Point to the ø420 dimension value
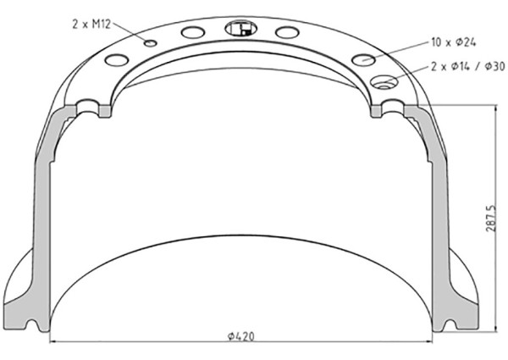point(241,336)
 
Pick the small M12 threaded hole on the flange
point(150,43)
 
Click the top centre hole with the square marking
point(240,29)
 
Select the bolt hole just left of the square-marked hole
point(193,32)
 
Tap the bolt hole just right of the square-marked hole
point(287,32)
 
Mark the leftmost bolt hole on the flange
point(116,60)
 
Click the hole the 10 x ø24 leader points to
point(364,59)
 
